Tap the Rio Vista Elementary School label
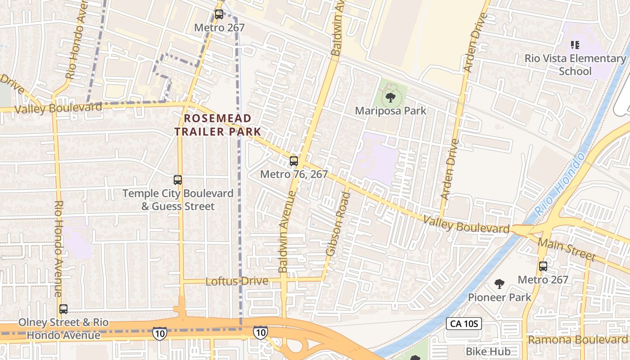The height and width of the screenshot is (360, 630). (x=575, y=65)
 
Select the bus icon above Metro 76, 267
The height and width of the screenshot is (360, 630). (x=294, y=161)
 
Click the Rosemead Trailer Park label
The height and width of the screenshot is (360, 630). (x=218, y=125)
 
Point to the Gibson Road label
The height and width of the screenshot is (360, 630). (x=338, y=224)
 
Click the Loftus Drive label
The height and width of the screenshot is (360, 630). (x=237, y=281)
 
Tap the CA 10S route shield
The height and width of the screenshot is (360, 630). (x=464, y=324)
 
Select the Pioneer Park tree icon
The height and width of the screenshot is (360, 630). (x=499, y=283)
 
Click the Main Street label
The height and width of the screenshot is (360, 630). (x=567, y=250)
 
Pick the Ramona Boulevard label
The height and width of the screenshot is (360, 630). (x=578, y=340)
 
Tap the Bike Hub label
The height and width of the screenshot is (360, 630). (x=488, y=351)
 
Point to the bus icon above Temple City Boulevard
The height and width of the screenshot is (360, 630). (x=178, y=180)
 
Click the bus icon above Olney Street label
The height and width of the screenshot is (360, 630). (x=63, y=309)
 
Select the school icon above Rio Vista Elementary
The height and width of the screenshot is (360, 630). (x=575, y=45)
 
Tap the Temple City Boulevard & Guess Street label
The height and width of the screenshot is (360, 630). (x=178, y=200)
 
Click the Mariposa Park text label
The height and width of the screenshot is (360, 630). (x=390, y=111)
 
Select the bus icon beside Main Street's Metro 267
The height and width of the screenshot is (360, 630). (x=543, y=266)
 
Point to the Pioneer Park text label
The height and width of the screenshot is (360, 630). (x=499, y=297)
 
